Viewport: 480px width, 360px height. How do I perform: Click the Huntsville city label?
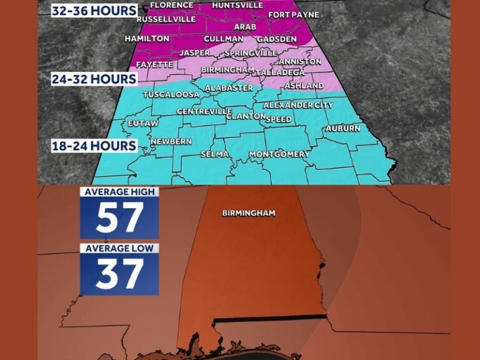tap(237, 5)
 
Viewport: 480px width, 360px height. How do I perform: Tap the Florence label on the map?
tap(172, 5)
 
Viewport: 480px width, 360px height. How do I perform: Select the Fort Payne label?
tap(293, 14)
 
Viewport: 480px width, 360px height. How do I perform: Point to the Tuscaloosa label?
tap(171, 95)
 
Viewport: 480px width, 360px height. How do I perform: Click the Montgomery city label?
tap(279, 154)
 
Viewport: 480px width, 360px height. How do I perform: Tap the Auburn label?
tap(342, 129)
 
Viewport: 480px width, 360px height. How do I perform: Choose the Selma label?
tap(215, 154)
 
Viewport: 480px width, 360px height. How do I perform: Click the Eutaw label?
tap(139, 124)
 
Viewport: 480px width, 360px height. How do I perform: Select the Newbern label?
tap(171, 142)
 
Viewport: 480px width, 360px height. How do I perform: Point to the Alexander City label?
tap(298, 106)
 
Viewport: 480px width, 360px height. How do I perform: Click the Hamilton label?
tap(147, 39)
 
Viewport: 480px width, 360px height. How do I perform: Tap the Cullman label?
tap(223, 39)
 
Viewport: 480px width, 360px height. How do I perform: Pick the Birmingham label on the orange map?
tap(249, 213)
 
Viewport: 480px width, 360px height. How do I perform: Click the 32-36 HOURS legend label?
tap(94, 11)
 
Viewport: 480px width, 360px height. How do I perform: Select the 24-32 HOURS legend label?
tap(94, 79)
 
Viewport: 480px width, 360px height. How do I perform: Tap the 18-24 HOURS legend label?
tap(94, 146)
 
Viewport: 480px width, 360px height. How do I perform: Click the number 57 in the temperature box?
tap(119, 218)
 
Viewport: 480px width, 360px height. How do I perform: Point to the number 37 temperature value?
tap(119, 274)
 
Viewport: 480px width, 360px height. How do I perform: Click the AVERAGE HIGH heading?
tap(119, 192)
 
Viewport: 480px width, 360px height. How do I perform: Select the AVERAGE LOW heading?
tap(119, 248)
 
